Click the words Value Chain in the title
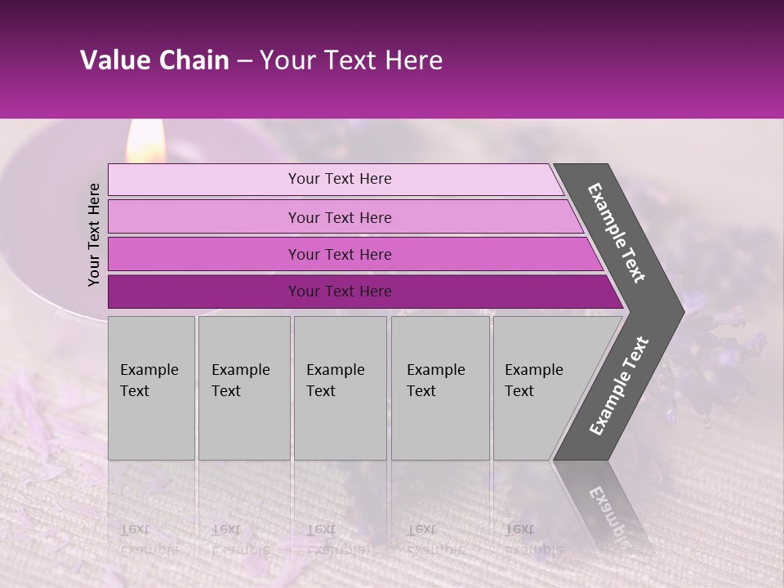pos(154,60)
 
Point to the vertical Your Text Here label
pos(94,234)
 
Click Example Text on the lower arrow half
pos(618,386)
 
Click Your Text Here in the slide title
pos(351,60)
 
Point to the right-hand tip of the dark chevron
pos(682,311)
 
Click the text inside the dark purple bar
pos(340,292)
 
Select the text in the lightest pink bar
pos(340,179)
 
